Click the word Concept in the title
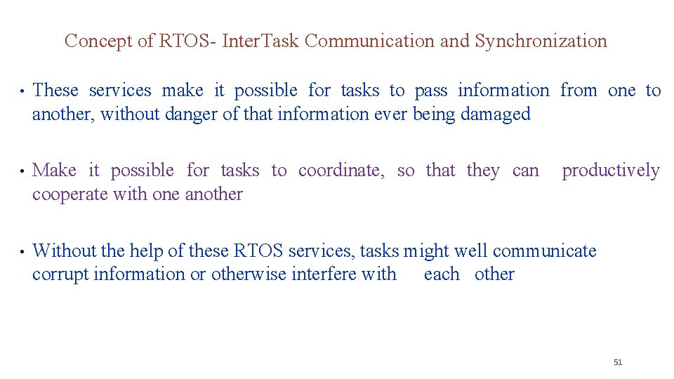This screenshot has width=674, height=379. [x=99, y=41]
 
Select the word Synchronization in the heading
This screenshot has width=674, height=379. [x=541, y=41]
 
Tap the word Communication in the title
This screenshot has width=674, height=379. [x=370, y=41]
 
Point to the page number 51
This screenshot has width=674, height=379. [x=618, y=362]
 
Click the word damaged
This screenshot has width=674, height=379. [x=496, y=114]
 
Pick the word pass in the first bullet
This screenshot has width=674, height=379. [x=431, y=91]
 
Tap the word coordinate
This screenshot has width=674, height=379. [x=341, y=171]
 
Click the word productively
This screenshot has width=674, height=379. [x=611, y=171]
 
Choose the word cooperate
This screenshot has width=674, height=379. [x=70, y=194]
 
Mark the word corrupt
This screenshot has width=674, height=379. [x=60, y=274]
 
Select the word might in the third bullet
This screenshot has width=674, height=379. [x=427, y=251]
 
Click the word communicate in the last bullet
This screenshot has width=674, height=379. [x=544, y=251]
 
